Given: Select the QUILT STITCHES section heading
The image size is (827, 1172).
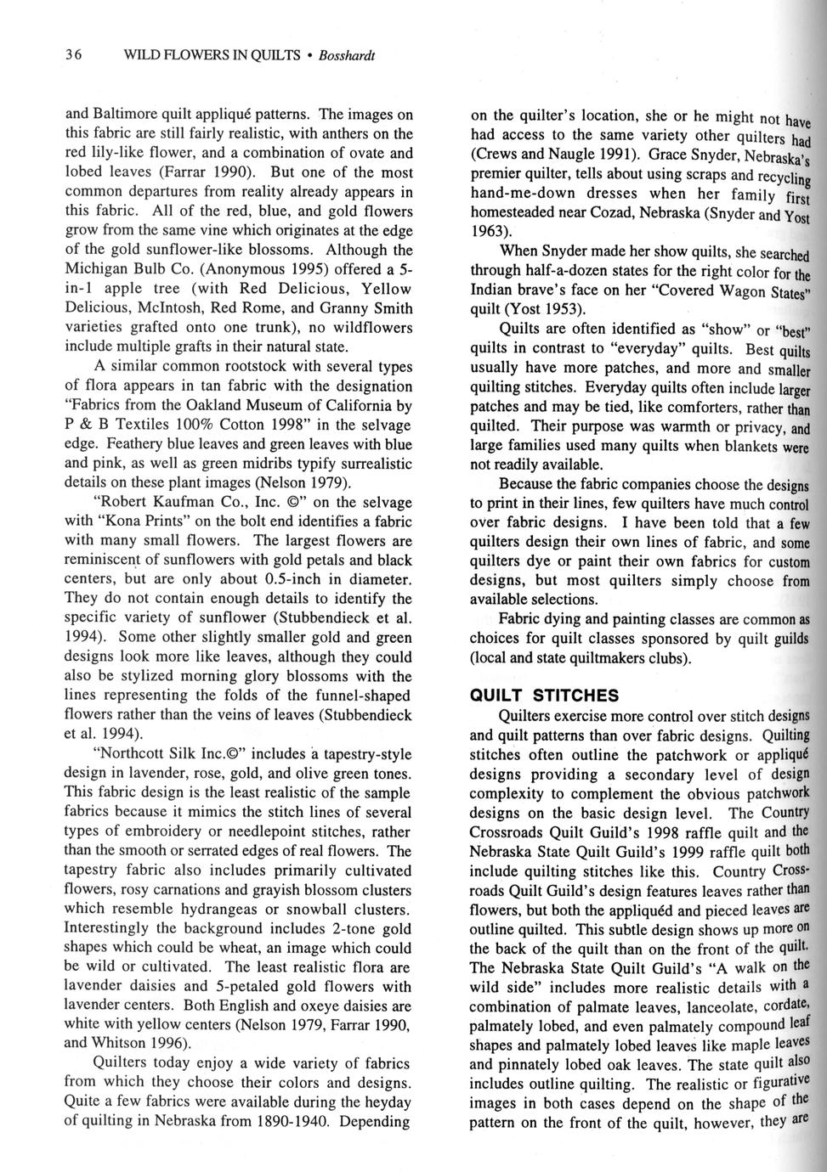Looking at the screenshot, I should pos(545,696).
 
